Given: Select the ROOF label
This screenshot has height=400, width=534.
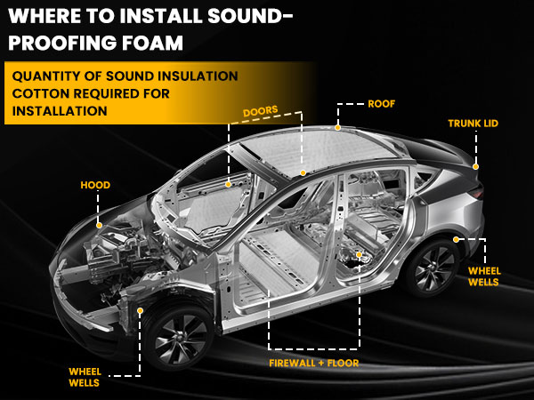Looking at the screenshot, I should tap(381, 104).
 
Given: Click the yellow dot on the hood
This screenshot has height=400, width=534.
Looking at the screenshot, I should tap(99, 225).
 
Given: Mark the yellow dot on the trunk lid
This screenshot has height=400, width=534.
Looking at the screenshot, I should tap(476, 166).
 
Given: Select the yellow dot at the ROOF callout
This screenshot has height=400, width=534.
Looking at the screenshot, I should tap(337, 128).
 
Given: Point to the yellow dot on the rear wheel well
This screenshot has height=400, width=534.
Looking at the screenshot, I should tap(455, 239).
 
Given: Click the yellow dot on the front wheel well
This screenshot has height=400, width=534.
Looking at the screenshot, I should tap(141, 310).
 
